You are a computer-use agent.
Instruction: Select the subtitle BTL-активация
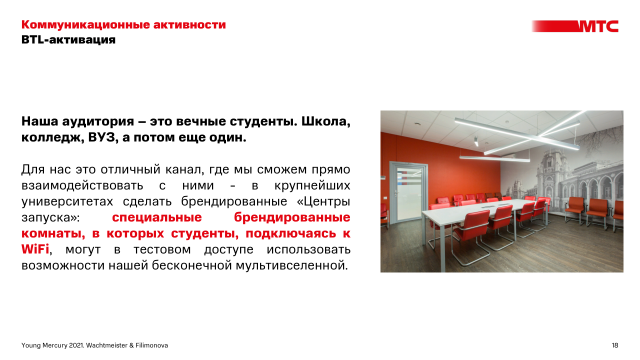pyautogui.click(x=68, y=39)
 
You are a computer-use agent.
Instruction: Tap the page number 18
pyautogui.click(x=614, y=345)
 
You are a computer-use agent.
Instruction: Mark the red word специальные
pyautogui.click(x=157, y=217)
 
